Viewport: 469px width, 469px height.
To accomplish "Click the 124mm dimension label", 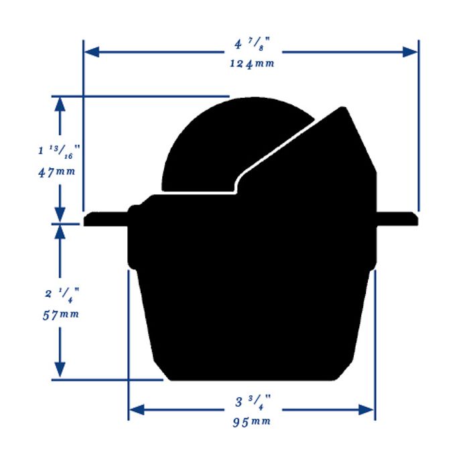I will tap(251, 64).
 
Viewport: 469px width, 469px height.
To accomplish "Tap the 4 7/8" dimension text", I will tap(251, 46).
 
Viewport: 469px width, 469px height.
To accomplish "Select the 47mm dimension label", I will tap(56, 171).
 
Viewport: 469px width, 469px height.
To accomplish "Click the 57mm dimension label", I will tap(59, 314).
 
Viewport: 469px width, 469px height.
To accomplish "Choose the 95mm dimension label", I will tap(252, 421).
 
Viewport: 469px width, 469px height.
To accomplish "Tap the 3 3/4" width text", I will tap(251, 403).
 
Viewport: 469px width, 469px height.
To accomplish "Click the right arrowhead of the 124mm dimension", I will tap(412, 52).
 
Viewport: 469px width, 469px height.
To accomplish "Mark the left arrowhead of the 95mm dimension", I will tap(135, 409).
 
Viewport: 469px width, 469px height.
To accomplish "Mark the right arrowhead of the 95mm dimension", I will tap(368, 409).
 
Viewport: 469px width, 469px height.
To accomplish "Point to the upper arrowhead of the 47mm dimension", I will tap(60, 103).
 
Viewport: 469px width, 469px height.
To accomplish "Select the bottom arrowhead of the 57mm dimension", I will tap(60, 370).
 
